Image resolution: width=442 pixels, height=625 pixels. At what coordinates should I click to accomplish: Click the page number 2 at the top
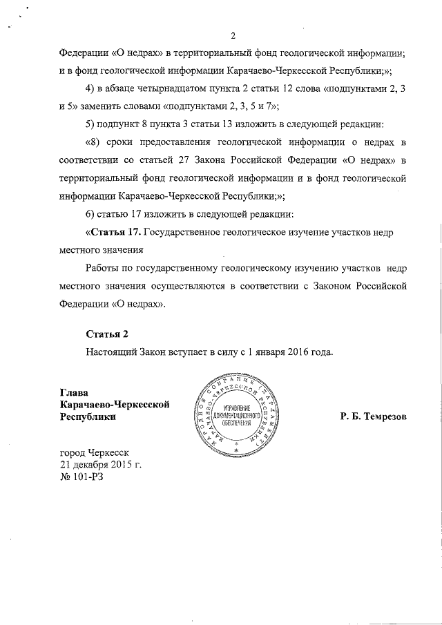[233, 37]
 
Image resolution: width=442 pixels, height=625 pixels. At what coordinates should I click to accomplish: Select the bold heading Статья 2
[107, 335]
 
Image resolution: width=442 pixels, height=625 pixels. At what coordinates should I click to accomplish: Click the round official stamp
[236, 416]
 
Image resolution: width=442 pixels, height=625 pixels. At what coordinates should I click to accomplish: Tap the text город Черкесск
[95, 452]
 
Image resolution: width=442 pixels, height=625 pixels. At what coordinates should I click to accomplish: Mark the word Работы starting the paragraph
[103, 267]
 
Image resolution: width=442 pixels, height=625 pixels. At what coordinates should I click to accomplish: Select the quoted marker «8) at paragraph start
[93, 143]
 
